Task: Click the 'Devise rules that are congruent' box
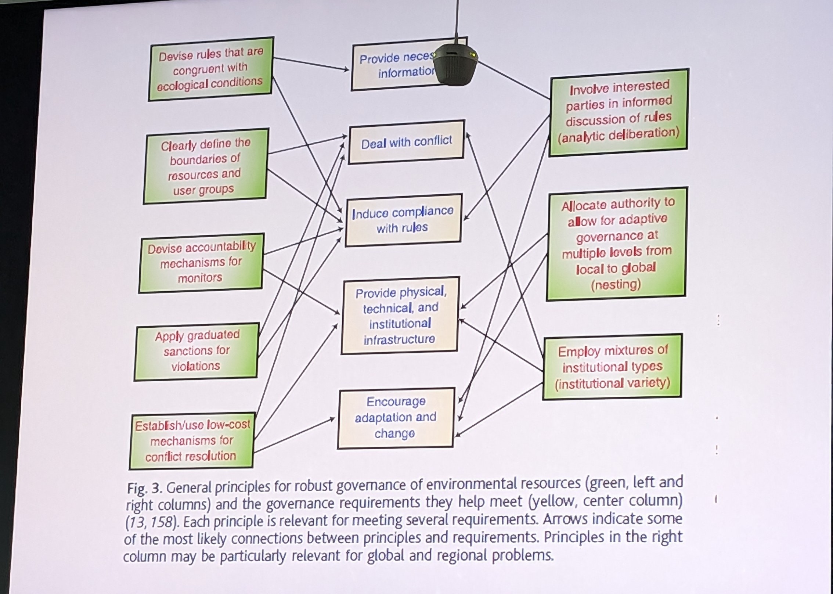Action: tap(210, 69)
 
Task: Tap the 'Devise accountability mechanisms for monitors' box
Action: tap(201, 263)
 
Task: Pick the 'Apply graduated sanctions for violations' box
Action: tap(196, 351)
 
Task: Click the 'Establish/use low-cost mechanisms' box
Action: tap(191, 440)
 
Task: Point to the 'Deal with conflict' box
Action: tap(406, 142)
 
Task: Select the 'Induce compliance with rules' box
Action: tap(403, 220)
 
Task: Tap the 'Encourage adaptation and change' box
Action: tap(396, 418)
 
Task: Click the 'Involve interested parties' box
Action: tap(619, 112)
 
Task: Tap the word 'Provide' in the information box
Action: tap(379, 59)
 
